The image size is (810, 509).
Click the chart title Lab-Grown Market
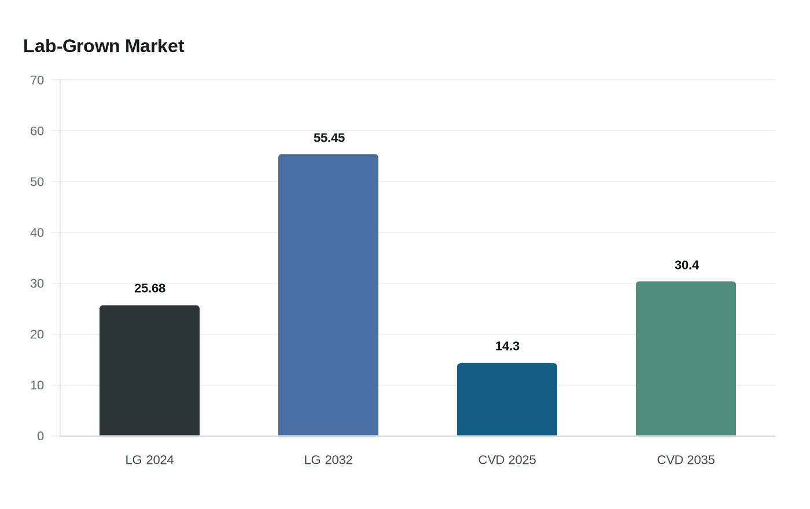(x=104, y=46)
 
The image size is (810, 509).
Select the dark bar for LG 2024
(x=149, y=370)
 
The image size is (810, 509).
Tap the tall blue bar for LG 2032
(x=328, y=295)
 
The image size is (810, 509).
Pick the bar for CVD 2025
(x=507, y=399)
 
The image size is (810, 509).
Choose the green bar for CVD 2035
(x=686, y=359)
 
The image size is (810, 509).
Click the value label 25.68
(x=150, y=288)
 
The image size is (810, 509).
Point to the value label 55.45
(x=329, y=138)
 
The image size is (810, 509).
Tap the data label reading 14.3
(x=507, y=346)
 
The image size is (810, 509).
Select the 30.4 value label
(x=687, y=265)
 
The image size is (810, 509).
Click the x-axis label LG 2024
(x=149, y=460)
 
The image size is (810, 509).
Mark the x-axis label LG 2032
(x=328, y=460)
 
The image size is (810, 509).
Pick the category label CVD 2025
(x=507, y=460)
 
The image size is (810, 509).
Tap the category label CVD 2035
(x=686, y=460)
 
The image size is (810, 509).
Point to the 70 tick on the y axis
(x=37, y=80)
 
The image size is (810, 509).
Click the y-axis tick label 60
(x=37, y=131)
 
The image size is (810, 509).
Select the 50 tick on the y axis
(x=37, y=182)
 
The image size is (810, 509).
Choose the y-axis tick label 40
(x=37, y=233)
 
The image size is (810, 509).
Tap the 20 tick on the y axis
(x=37, y=334)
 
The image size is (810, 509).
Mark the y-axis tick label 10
(x=37, y=385)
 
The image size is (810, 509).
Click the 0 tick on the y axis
(x=41, y=436)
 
